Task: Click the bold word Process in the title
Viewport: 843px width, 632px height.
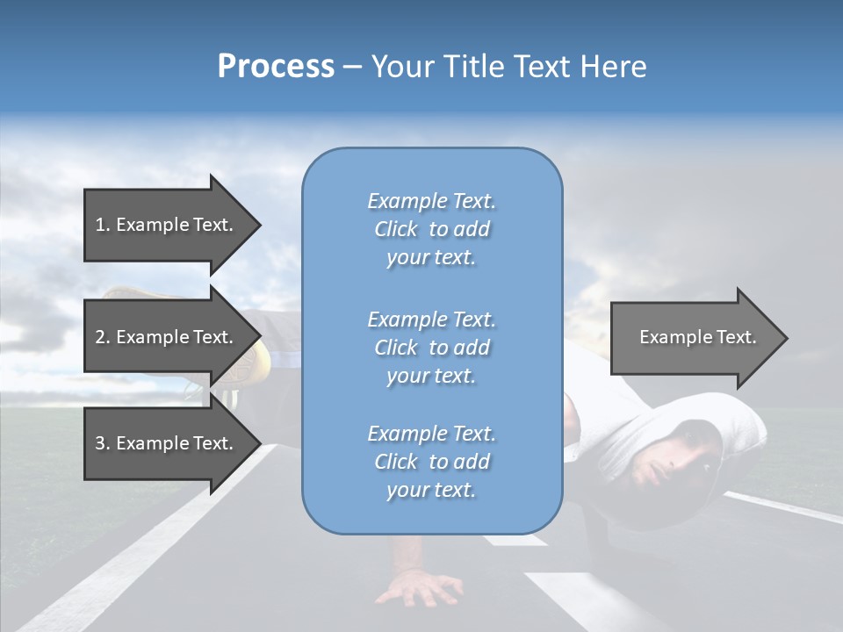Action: [276, 67]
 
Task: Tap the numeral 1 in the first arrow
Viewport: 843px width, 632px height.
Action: [100, 225]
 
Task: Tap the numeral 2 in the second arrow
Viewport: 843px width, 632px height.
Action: [100, 337]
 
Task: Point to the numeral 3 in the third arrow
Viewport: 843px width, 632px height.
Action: [100, 443]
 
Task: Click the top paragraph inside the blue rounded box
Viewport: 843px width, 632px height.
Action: [431, 229]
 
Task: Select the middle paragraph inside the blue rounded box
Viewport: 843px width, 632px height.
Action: [431, 348]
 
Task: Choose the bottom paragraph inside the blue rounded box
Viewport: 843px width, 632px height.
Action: [431, 462]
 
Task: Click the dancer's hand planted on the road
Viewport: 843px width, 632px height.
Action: [418, 587]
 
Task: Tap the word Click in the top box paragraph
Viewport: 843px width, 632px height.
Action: [396, 229]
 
